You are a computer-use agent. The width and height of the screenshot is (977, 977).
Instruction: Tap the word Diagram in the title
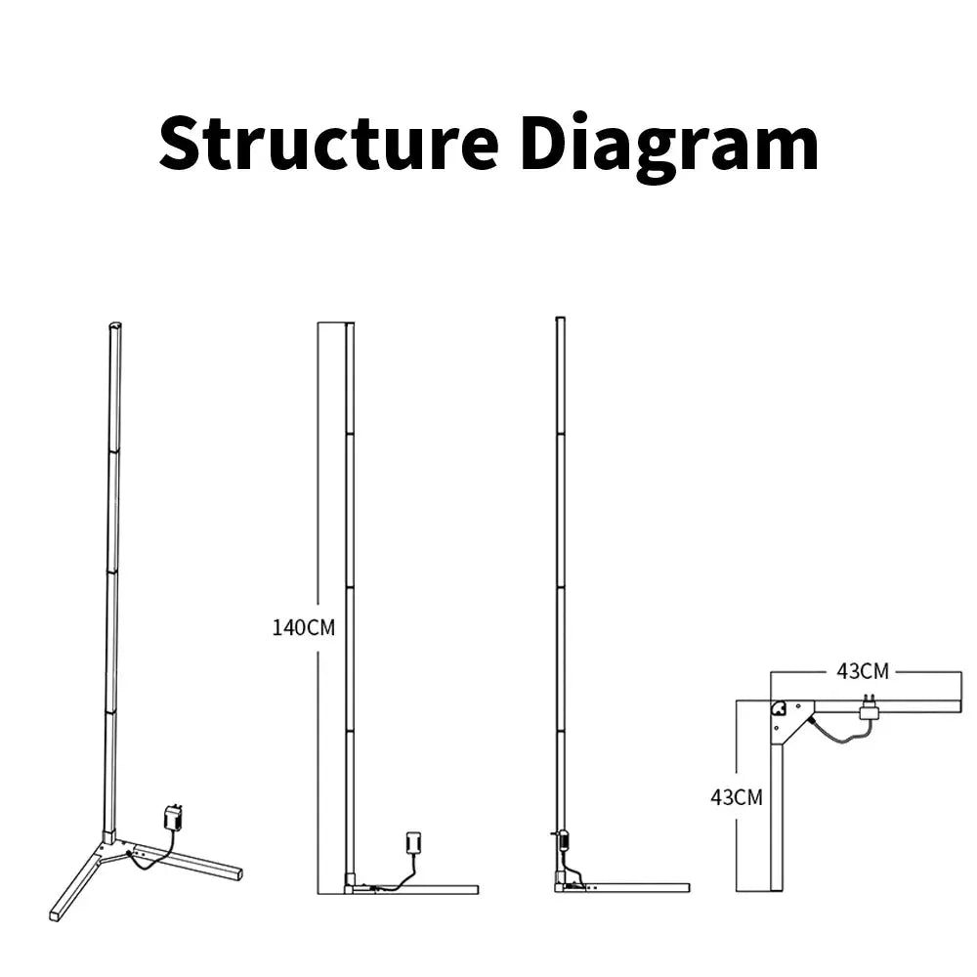[669, 147]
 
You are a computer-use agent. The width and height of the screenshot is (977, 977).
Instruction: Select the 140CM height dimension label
[303, 627]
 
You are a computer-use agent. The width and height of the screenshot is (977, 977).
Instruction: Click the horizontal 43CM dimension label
[863, 671]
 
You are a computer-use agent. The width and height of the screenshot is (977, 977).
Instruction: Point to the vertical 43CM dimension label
[737, 796]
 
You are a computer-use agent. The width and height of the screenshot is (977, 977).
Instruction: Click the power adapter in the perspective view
[174, 817]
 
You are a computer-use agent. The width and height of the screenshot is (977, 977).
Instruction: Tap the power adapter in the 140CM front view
[412, 843]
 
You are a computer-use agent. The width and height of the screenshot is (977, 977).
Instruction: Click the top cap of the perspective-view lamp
[114, 326]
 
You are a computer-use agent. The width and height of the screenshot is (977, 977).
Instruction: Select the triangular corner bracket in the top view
[791, 720]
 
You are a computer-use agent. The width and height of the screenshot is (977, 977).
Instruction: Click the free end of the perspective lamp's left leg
[55, 915]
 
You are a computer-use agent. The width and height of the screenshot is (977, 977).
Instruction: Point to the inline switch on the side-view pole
[560, 836]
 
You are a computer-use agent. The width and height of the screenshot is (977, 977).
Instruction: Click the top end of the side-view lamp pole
[560, 319]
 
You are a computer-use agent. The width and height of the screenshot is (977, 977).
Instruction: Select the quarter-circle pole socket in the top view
[779, 709]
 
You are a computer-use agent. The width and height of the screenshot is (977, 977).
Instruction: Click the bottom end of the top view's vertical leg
[777, 887]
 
